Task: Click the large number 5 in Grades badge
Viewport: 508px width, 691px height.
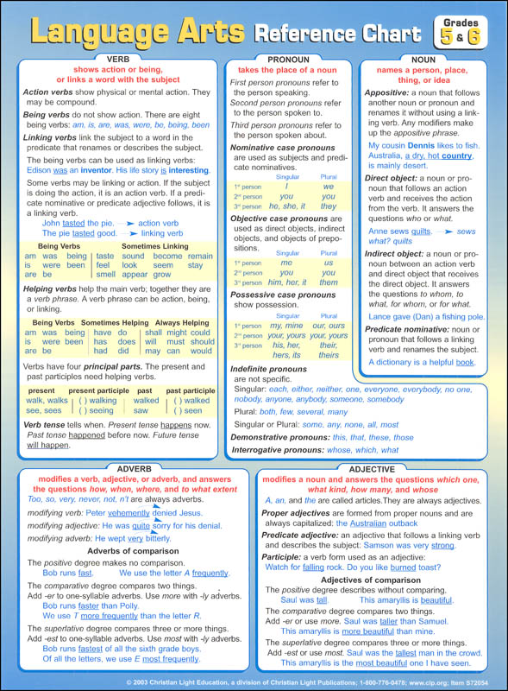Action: click(x=447, y=36)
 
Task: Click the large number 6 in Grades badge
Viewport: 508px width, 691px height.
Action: click(x=474, y=36)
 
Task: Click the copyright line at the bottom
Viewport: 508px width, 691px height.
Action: click(x=254, y=681)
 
